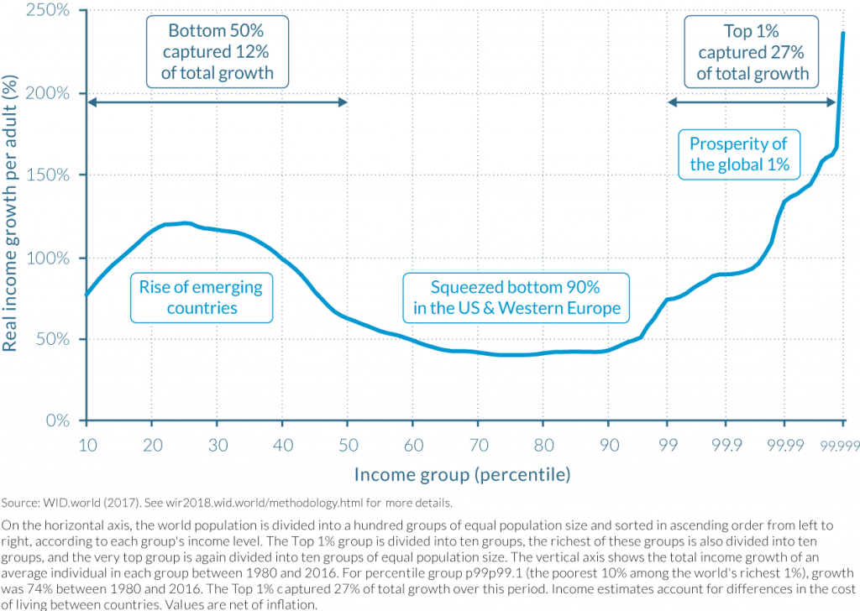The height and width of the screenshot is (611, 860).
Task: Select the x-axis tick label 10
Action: tap(87, 444)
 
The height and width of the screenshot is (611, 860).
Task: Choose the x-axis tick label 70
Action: tap(478, 444)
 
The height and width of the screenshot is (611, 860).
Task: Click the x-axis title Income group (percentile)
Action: tap(462, 475)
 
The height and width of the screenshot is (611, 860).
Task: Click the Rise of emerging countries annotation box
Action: tap(202, 298)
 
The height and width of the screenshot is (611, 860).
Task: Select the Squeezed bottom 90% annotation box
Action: tap(517, 298)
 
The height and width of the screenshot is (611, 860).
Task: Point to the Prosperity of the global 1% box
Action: tap(739, 154)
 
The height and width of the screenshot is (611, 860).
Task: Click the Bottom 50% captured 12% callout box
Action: tap(218, 52)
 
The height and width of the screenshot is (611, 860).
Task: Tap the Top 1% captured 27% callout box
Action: tap(752, 52)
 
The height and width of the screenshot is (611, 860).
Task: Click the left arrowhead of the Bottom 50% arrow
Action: tap(91, 102)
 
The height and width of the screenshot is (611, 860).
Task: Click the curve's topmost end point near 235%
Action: tap(842, 33)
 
